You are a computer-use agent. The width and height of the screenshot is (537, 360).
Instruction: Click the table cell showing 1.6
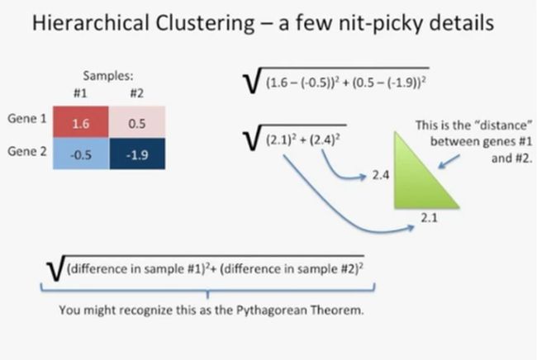pyautogui.click(x=81, y=122)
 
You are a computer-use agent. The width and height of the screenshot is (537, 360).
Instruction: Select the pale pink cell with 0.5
pyautogui.click(x=137, y=122)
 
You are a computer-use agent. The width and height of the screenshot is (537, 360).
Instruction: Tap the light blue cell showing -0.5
pyautogui.click(x=81, y=154)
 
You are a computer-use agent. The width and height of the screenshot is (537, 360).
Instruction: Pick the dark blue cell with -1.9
pyautogui.click(x=137, y=154)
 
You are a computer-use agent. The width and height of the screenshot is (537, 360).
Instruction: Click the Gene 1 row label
pyautogui.click(x=27, y=119)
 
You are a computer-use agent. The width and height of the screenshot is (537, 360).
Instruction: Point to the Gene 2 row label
pyautogui.click(x=27, y=151)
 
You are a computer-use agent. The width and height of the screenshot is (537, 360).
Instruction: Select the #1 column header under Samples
pyautogui.click(x=80, y=93)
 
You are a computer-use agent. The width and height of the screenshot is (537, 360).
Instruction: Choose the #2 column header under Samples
pyautogui.click(x=137, y=93)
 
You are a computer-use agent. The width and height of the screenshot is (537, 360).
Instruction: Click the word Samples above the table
pyautogui.click(x=108, y=76)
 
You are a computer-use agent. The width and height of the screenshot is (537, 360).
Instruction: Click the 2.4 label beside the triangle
pyautogui.click(x=381, y=175)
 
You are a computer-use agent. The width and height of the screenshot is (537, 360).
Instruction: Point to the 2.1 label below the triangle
pyautogui.click(x=429, y=218)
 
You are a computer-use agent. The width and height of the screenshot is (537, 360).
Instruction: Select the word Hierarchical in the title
pyautogui.click(x=90, y=23)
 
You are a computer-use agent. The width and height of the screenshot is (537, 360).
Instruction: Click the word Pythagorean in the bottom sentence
pyautogui.click(x=272, y=310)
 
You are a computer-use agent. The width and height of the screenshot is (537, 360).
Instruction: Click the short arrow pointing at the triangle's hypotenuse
pyautogui.click(x=449, y=162)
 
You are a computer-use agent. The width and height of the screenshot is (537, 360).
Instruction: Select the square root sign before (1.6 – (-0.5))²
pyautogui.click(x=252, y=80)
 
